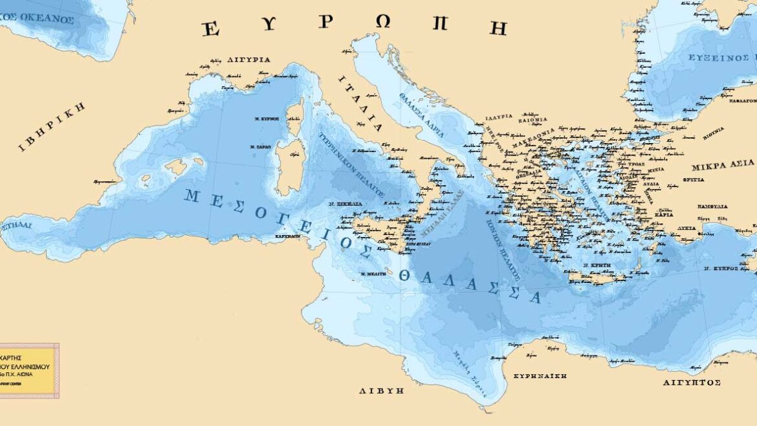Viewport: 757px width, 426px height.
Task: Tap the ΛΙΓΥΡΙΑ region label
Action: (x=248, y=60)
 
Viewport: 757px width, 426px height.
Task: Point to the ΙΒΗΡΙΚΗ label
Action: (x=52, y=127)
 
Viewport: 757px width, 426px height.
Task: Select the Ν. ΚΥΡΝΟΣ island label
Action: (x=266, y=119)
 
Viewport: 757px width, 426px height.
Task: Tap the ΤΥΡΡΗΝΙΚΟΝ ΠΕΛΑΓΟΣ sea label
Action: (x=352, y=166)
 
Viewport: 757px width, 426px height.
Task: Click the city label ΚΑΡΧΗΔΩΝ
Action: (x=287, y=236)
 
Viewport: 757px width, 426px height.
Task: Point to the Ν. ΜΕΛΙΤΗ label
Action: (x=373, y=274)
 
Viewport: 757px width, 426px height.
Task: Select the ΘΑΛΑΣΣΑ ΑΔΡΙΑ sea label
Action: (x=421, y=114)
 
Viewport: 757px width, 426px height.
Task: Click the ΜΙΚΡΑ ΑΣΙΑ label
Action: (x=723, y=164)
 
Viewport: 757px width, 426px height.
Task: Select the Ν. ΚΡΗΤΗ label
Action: (x=595, y=265)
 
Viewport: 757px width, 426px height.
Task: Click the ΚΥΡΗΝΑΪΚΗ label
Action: (x=540, y=376)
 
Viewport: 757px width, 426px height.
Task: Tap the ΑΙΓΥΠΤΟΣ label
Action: (x=692, y=383)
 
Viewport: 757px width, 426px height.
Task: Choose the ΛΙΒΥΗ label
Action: (x=382, y=391)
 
